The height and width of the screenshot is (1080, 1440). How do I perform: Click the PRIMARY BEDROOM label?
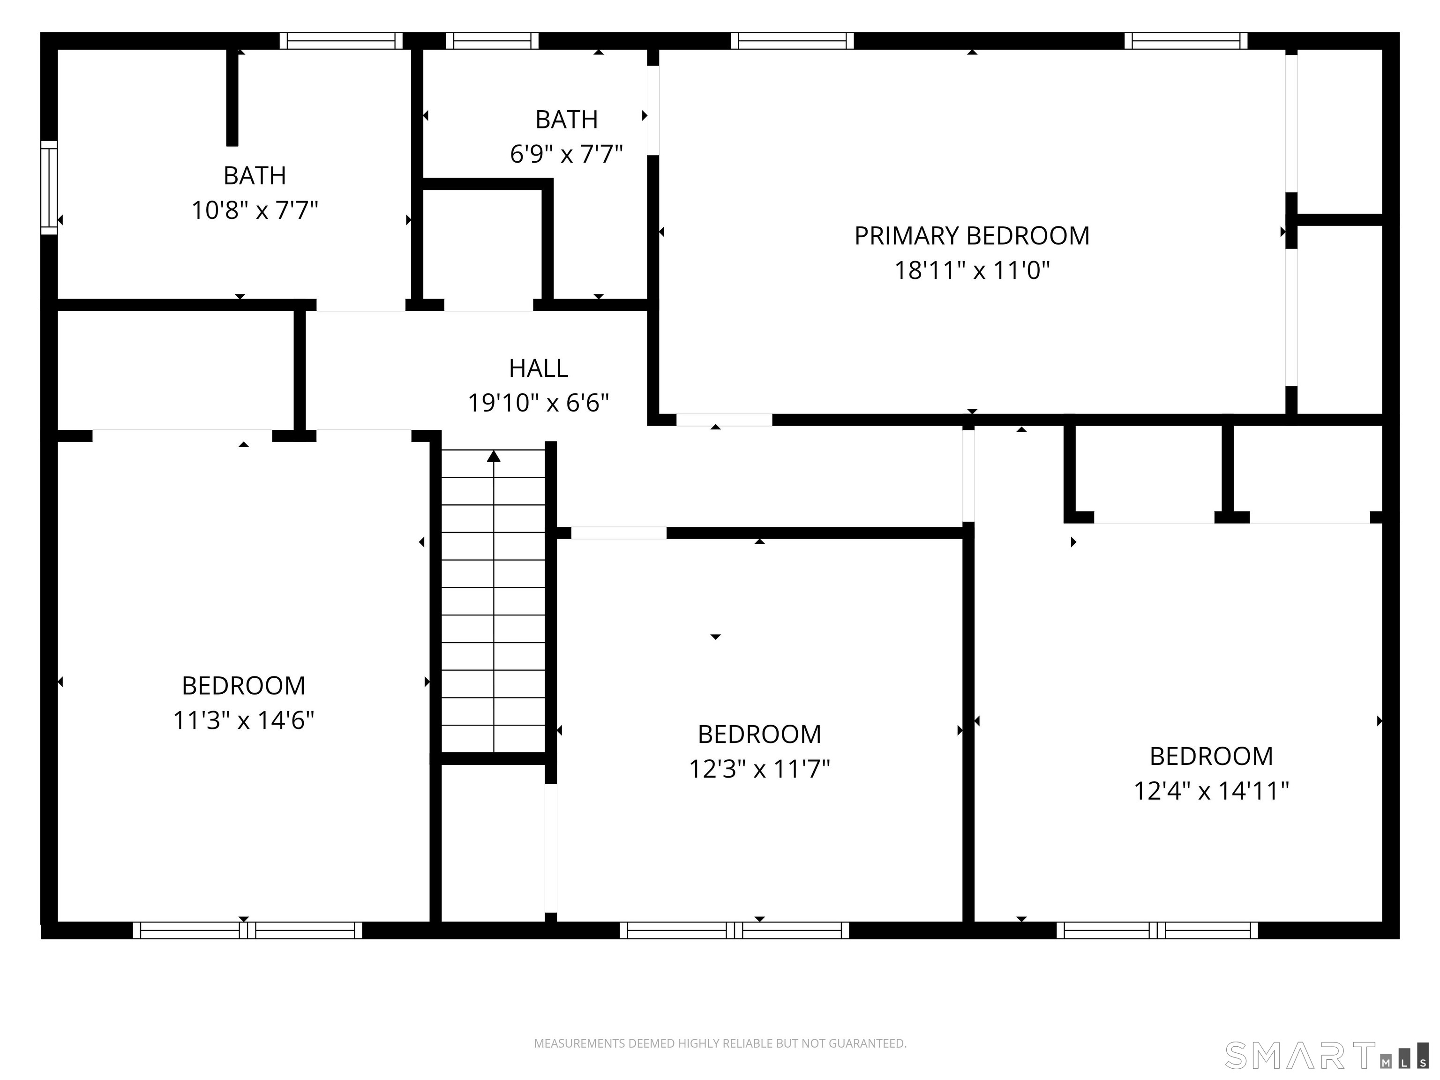coord(971,236)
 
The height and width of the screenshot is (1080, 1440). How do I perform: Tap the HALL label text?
coord(539,368)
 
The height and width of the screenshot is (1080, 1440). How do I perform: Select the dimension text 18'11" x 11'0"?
coord(972,270)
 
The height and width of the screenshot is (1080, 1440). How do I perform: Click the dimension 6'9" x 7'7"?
coord(566,154)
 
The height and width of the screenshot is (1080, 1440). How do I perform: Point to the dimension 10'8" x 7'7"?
coord(255,210)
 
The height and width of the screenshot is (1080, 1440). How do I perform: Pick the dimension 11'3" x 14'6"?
coord(243,720)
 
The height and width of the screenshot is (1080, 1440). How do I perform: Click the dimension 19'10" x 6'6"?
coord(539,403)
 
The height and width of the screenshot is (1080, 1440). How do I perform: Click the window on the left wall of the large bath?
coord(49,187)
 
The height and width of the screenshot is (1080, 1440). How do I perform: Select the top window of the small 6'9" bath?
coord(492,40)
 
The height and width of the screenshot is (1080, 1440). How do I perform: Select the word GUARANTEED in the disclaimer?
coord(867,1043)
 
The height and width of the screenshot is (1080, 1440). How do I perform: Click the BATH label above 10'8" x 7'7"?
coord(255,176)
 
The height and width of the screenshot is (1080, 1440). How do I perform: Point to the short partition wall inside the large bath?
coord(232,97)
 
